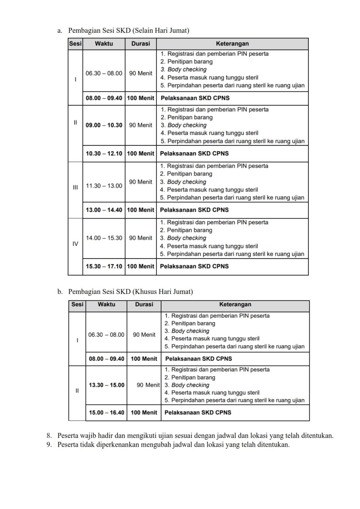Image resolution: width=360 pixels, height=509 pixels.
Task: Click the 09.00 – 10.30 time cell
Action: (x=104, y=125)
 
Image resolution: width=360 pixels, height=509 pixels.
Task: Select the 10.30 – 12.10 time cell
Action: (x=104, y=153)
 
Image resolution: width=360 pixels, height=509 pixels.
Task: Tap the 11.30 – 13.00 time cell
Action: (x=104, y=186)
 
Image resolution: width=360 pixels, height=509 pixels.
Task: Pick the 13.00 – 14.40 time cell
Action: (x=104, y=210)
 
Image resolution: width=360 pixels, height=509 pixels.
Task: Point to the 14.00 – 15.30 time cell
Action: (x=104, y=238)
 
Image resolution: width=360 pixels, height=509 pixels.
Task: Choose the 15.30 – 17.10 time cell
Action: (x=104, y=266)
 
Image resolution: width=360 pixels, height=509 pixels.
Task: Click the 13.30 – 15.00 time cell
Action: (x=107, y=385)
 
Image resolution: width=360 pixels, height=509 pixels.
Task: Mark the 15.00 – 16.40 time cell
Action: (x=107, y=413)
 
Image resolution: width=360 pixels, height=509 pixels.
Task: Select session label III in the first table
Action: (x=76, y=187)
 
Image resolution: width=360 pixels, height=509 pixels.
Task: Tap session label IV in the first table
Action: (x=76, y=244)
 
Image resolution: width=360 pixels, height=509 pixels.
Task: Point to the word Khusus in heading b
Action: (x=144, y=292)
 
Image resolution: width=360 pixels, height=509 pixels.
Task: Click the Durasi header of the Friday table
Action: (x=144, y=304)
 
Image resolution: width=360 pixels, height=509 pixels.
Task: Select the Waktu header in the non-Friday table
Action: (x=104, y=43)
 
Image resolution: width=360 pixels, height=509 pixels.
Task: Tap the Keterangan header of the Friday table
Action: (x=235, y=304)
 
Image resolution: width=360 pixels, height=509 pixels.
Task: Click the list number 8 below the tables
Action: (x=49, y=436)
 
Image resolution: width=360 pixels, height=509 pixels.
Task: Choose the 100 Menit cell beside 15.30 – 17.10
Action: (x=141, y=266)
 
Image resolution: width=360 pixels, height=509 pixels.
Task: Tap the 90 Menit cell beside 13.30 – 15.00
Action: (x=148, y=385)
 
